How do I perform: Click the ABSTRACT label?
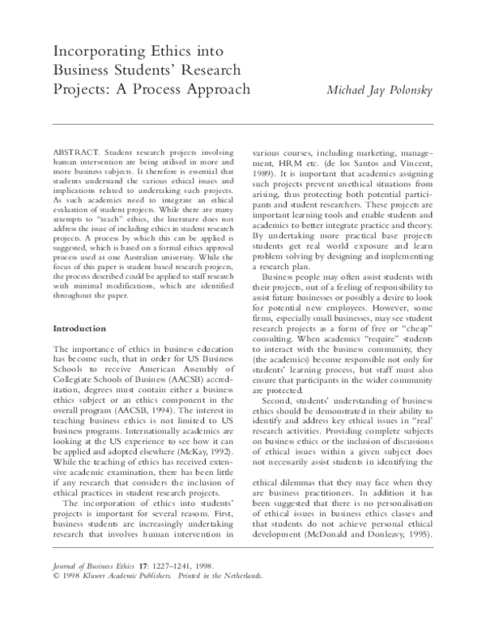pyautogui.click(x=73, y=152)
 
